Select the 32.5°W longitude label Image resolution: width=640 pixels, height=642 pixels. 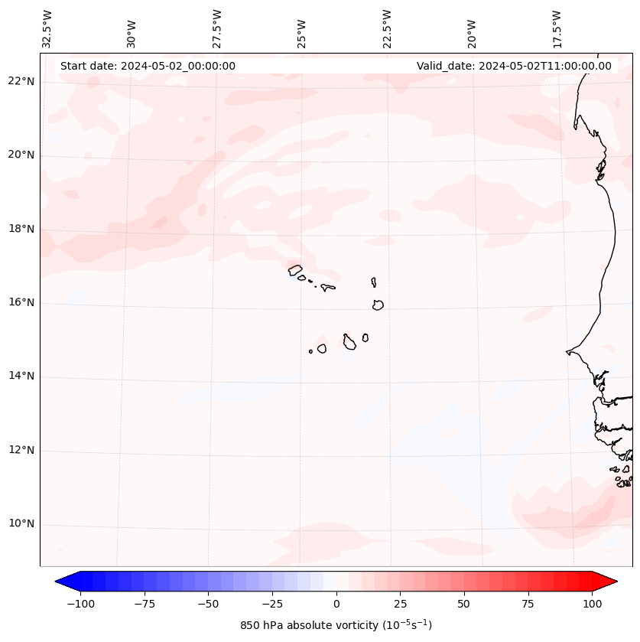(47, 29)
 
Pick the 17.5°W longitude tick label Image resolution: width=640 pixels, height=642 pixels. (557, 29)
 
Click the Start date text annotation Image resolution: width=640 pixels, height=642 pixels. (148, 66)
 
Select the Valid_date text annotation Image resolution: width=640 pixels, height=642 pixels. (514, 66)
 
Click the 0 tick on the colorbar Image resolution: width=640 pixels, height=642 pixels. (336, 604)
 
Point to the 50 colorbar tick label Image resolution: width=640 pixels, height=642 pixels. (463, 604)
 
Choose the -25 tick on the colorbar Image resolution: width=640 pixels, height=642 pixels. (272, 604)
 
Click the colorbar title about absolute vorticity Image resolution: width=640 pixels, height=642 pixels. (336, 625)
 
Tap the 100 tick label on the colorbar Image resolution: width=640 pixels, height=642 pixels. (591, 604)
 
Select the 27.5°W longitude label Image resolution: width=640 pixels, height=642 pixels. (217, 29)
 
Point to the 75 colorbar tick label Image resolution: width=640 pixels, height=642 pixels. (528, 604)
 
